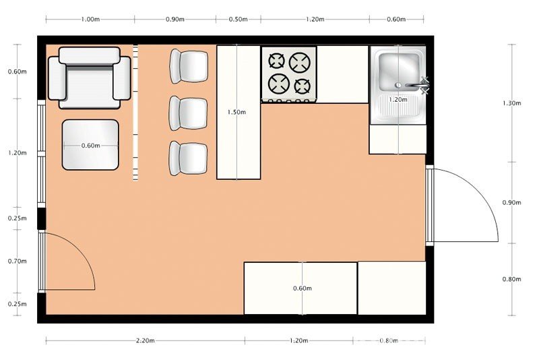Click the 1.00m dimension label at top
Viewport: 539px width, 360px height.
pyautogui.click(x=90, y=20)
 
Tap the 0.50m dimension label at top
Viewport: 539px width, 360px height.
pyautogui.click(x=239, y=20)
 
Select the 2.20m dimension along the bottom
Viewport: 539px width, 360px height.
pyautogui.click(x=145, y=340)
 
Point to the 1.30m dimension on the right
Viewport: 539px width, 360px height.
pyautogui.click(x=512, y=103)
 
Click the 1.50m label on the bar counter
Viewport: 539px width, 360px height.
pyautogui.click(x=236, y=112)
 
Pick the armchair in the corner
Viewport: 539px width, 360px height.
pyautogui.click(x=90, y=78)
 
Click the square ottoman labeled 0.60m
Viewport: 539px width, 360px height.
pyautogui.click(x=90, y=145)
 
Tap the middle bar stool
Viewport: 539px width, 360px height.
pyautogui.click(x=188, y=113)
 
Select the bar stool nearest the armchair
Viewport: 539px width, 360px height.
pyautogui.click(x=189, y=66)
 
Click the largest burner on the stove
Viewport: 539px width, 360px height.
pyautogui.click(x=300, y=62)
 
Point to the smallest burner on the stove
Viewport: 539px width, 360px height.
pyautogui.click(x=302, y=86)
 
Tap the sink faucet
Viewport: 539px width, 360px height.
pyautogui.click(x=417, y=85)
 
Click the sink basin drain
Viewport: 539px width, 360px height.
pyautogui.click(x=398, y=84)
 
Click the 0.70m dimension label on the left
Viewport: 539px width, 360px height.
pyautogui.click(x=18, y=262)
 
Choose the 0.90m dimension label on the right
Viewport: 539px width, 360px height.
pyautogui.click(x=512, y=202)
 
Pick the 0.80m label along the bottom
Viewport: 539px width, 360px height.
pyautogui.click(x=389, y=340)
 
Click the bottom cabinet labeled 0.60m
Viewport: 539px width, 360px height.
pyautogui.click(x=300, y=288)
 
